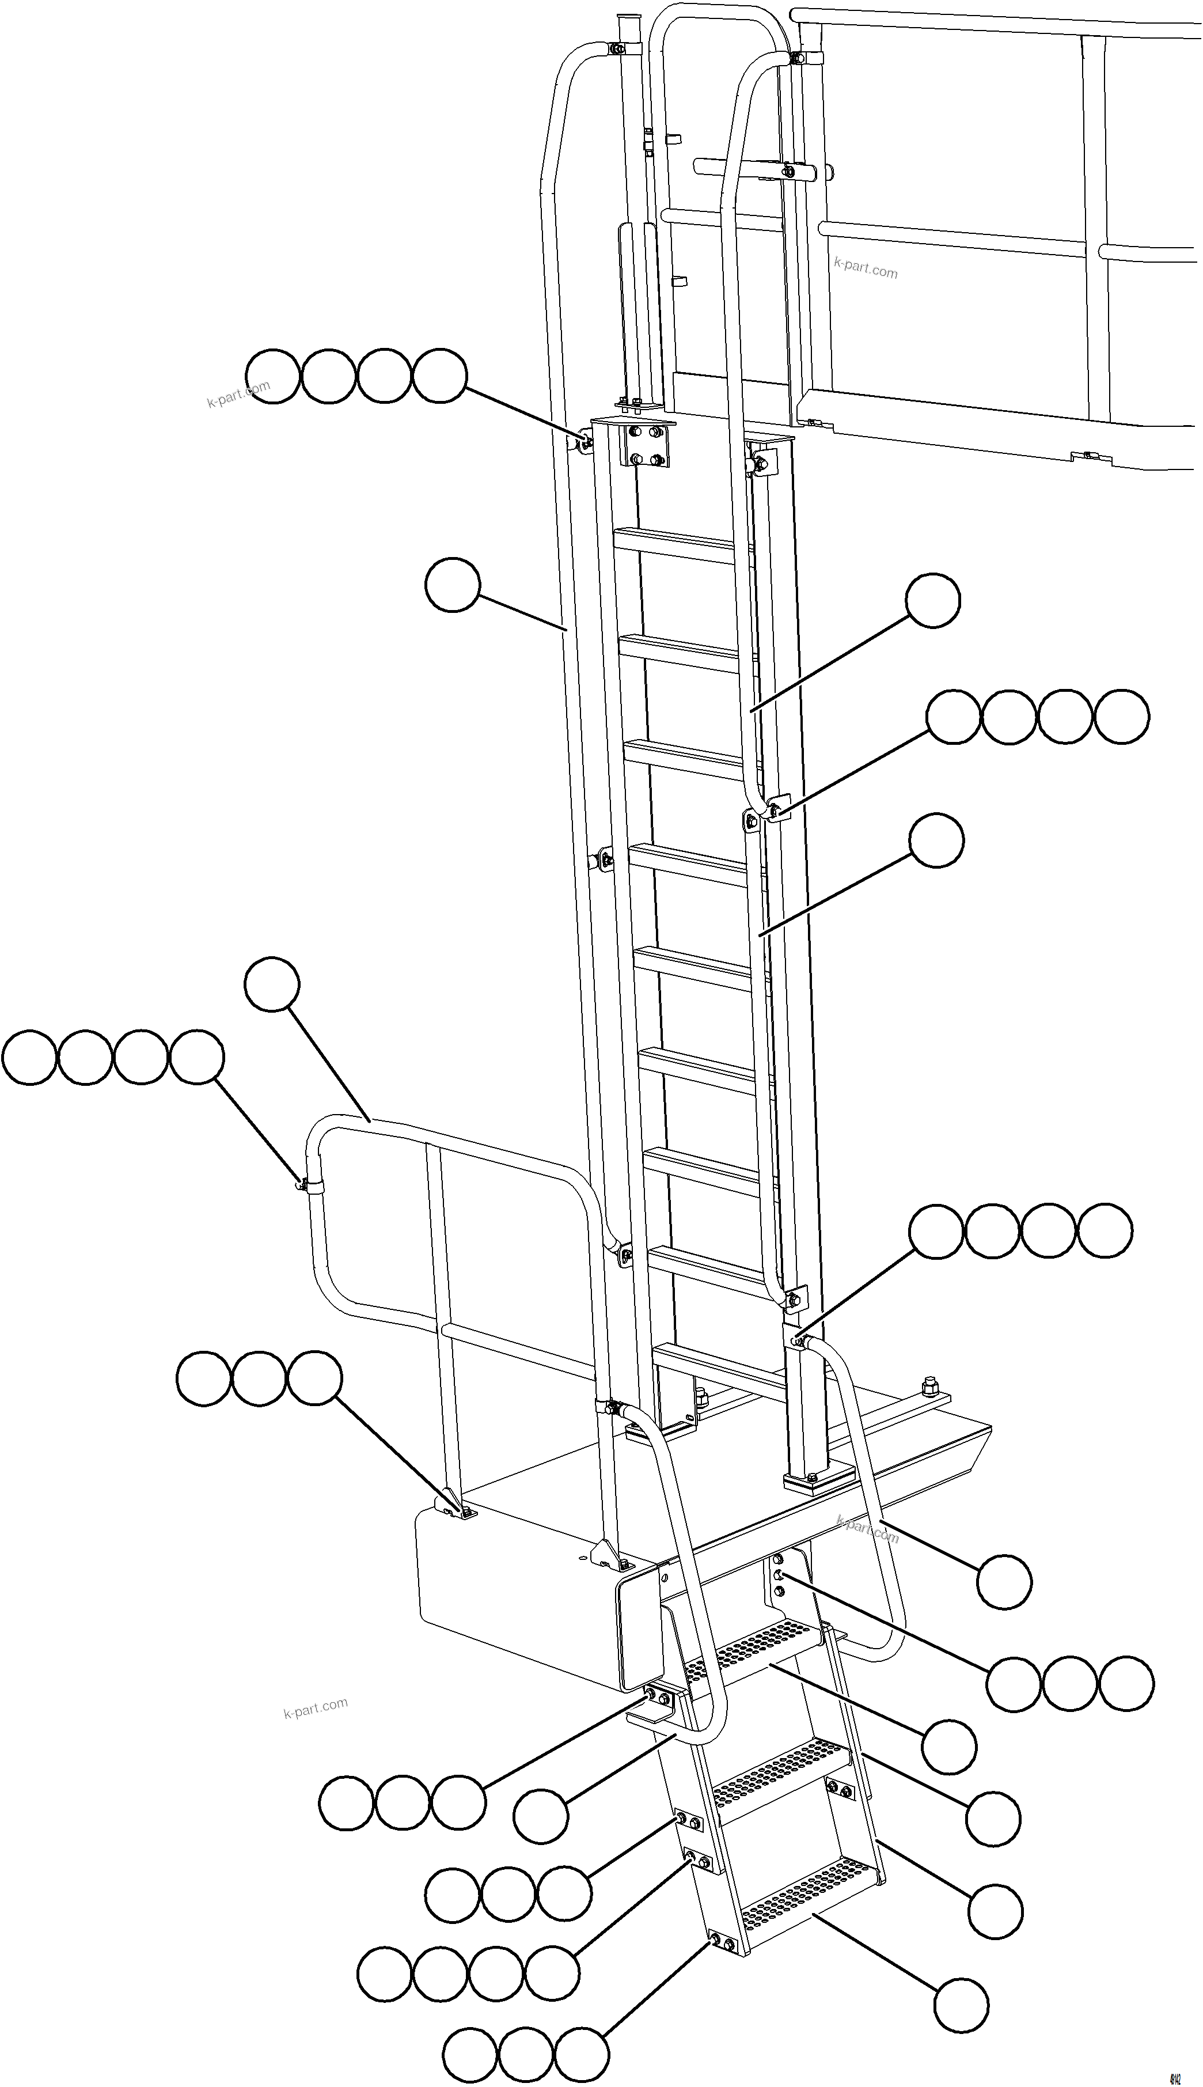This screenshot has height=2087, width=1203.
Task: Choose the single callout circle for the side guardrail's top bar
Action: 272,983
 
